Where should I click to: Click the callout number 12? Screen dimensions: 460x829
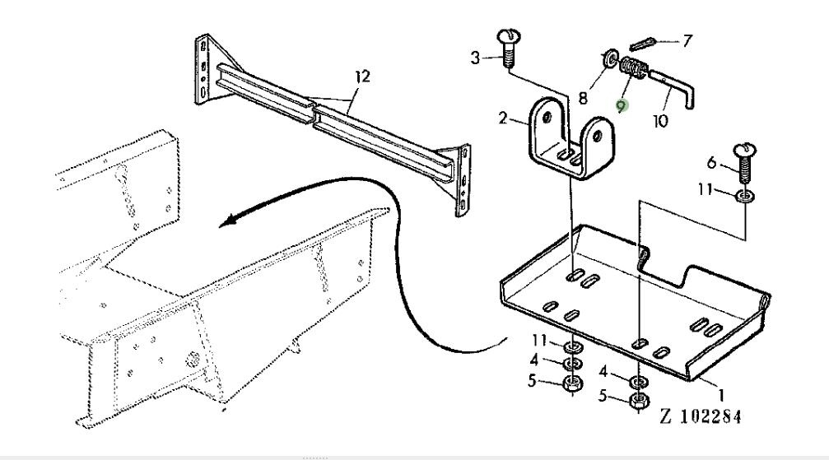362,77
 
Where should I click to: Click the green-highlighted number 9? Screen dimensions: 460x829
623,105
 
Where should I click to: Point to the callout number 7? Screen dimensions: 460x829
689,39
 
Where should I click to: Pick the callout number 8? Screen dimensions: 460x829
583,98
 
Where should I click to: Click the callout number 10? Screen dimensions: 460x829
659,120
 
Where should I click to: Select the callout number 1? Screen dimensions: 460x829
722,395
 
